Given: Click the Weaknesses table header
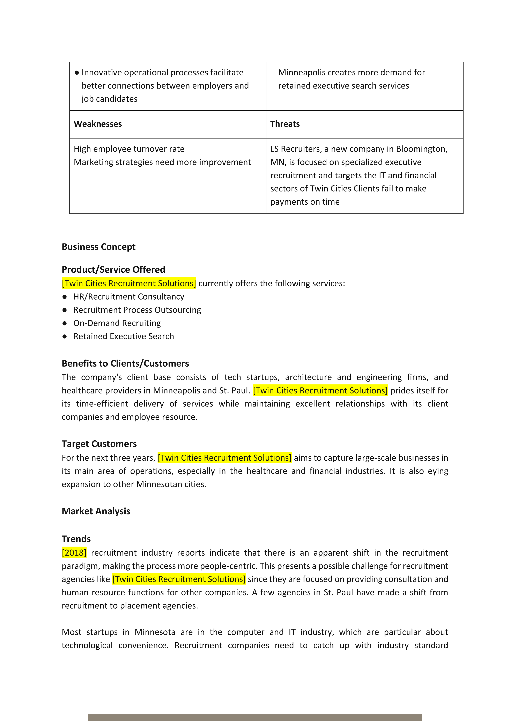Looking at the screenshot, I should coord(98,124).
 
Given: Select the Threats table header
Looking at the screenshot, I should coord(285,124).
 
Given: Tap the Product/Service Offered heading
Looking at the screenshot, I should coord(113,269).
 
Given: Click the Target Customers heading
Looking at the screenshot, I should coord(99,444).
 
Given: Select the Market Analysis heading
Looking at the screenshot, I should coord(96,511).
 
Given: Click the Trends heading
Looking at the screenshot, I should coord(76,539).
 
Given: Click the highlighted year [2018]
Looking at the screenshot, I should coord(74,553).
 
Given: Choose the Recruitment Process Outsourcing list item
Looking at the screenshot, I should coord(137,310).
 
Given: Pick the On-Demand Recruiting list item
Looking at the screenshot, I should coord(117,323).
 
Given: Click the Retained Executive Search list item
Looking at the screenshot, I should coord(124,336).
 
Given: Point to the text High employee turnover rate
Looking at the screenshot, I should coord(129,149).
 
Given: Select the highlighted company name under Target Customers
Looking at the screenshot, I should coord(224,458).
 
